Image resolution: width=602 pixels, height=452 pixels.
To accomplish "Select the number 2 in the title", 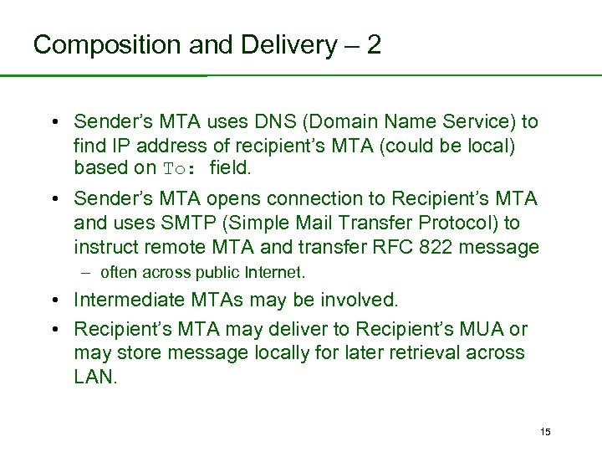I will click(373, 44).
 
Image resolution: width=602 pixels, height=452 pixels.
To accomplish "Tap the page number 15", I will click(545, 431).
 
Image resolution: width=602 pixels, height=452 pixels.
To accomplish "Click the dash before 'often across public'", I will click(86, 272).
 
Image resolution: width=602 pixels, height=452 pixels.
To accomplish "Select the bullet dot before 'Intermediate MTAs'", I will click(54, 300).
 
